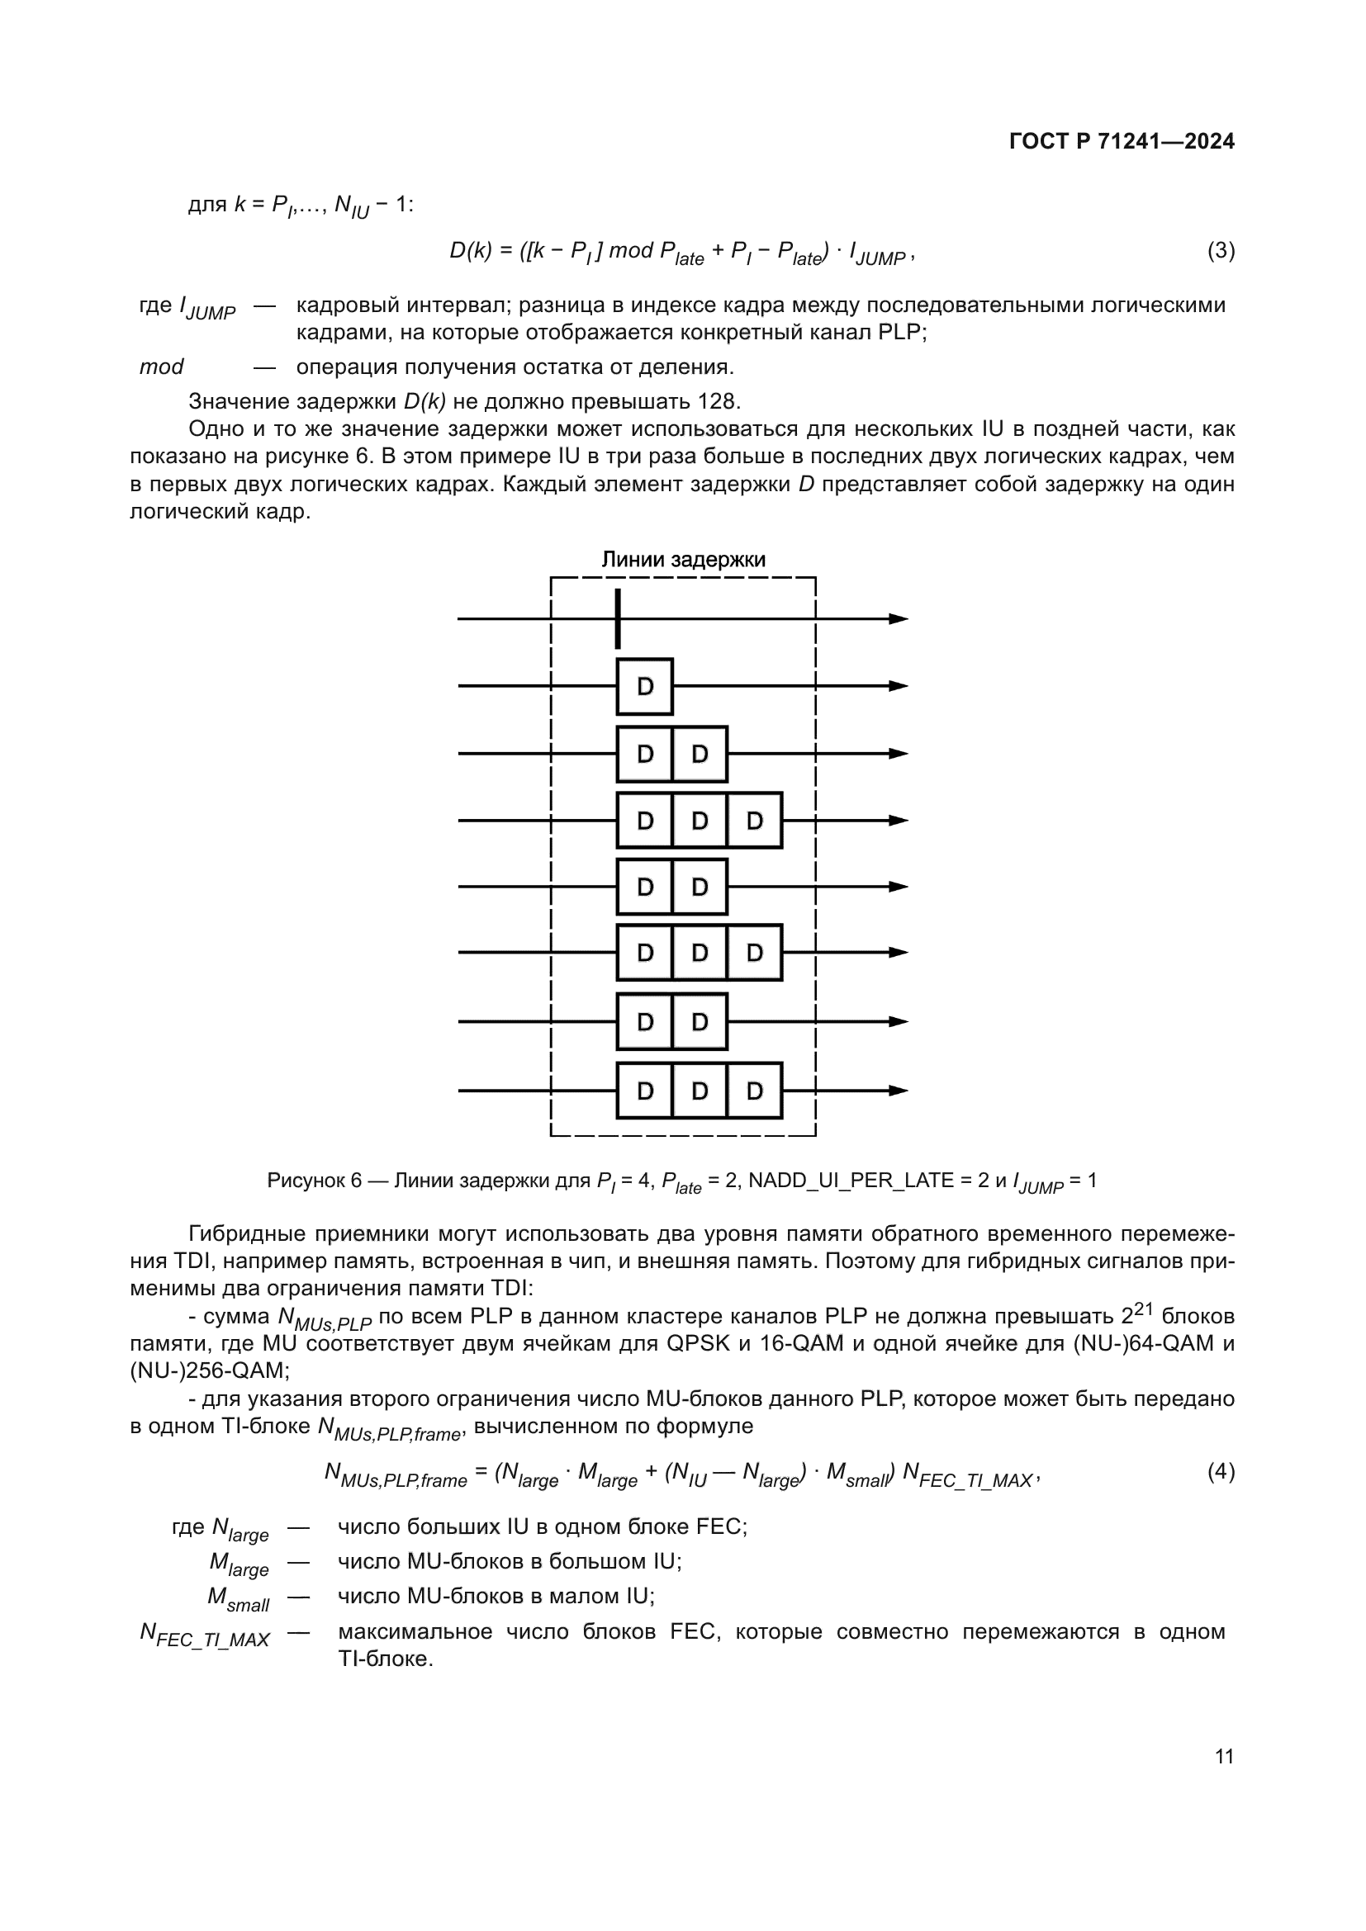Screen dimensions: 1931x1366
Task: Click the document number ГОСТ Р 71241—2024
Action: coord(1122,141)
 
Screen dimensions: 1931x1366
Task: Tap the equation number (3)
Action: coord(1221,251)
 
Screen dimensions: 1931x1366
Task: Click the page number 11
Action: coord(1224,1756)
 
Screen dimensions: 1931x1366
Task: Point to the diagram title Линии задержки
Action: coord(683,559)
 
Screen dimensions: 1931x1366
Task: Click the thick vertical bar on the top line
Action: coord(619,619)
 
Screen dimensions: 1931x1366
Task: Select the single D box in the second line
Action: coord(645,686)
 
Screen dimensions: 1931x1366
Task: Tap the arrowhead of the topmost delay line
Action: coord(899,619)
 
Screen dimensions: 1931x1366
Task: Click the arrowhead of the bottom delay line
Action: coord(899,1091)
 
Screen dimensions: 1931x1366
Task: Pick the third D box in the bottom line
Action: coord(755,1091)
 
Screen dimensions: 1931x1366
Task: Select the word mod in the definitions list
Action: coord(161,367)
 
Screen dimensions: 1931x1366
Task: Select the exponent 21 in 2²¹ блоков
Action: coord(1145,1308)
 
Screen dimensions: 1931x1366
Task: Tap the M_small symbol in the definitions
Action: coord(238,1599)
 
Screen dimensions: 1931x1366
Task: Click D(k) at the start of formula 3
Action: coord(470,251)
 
